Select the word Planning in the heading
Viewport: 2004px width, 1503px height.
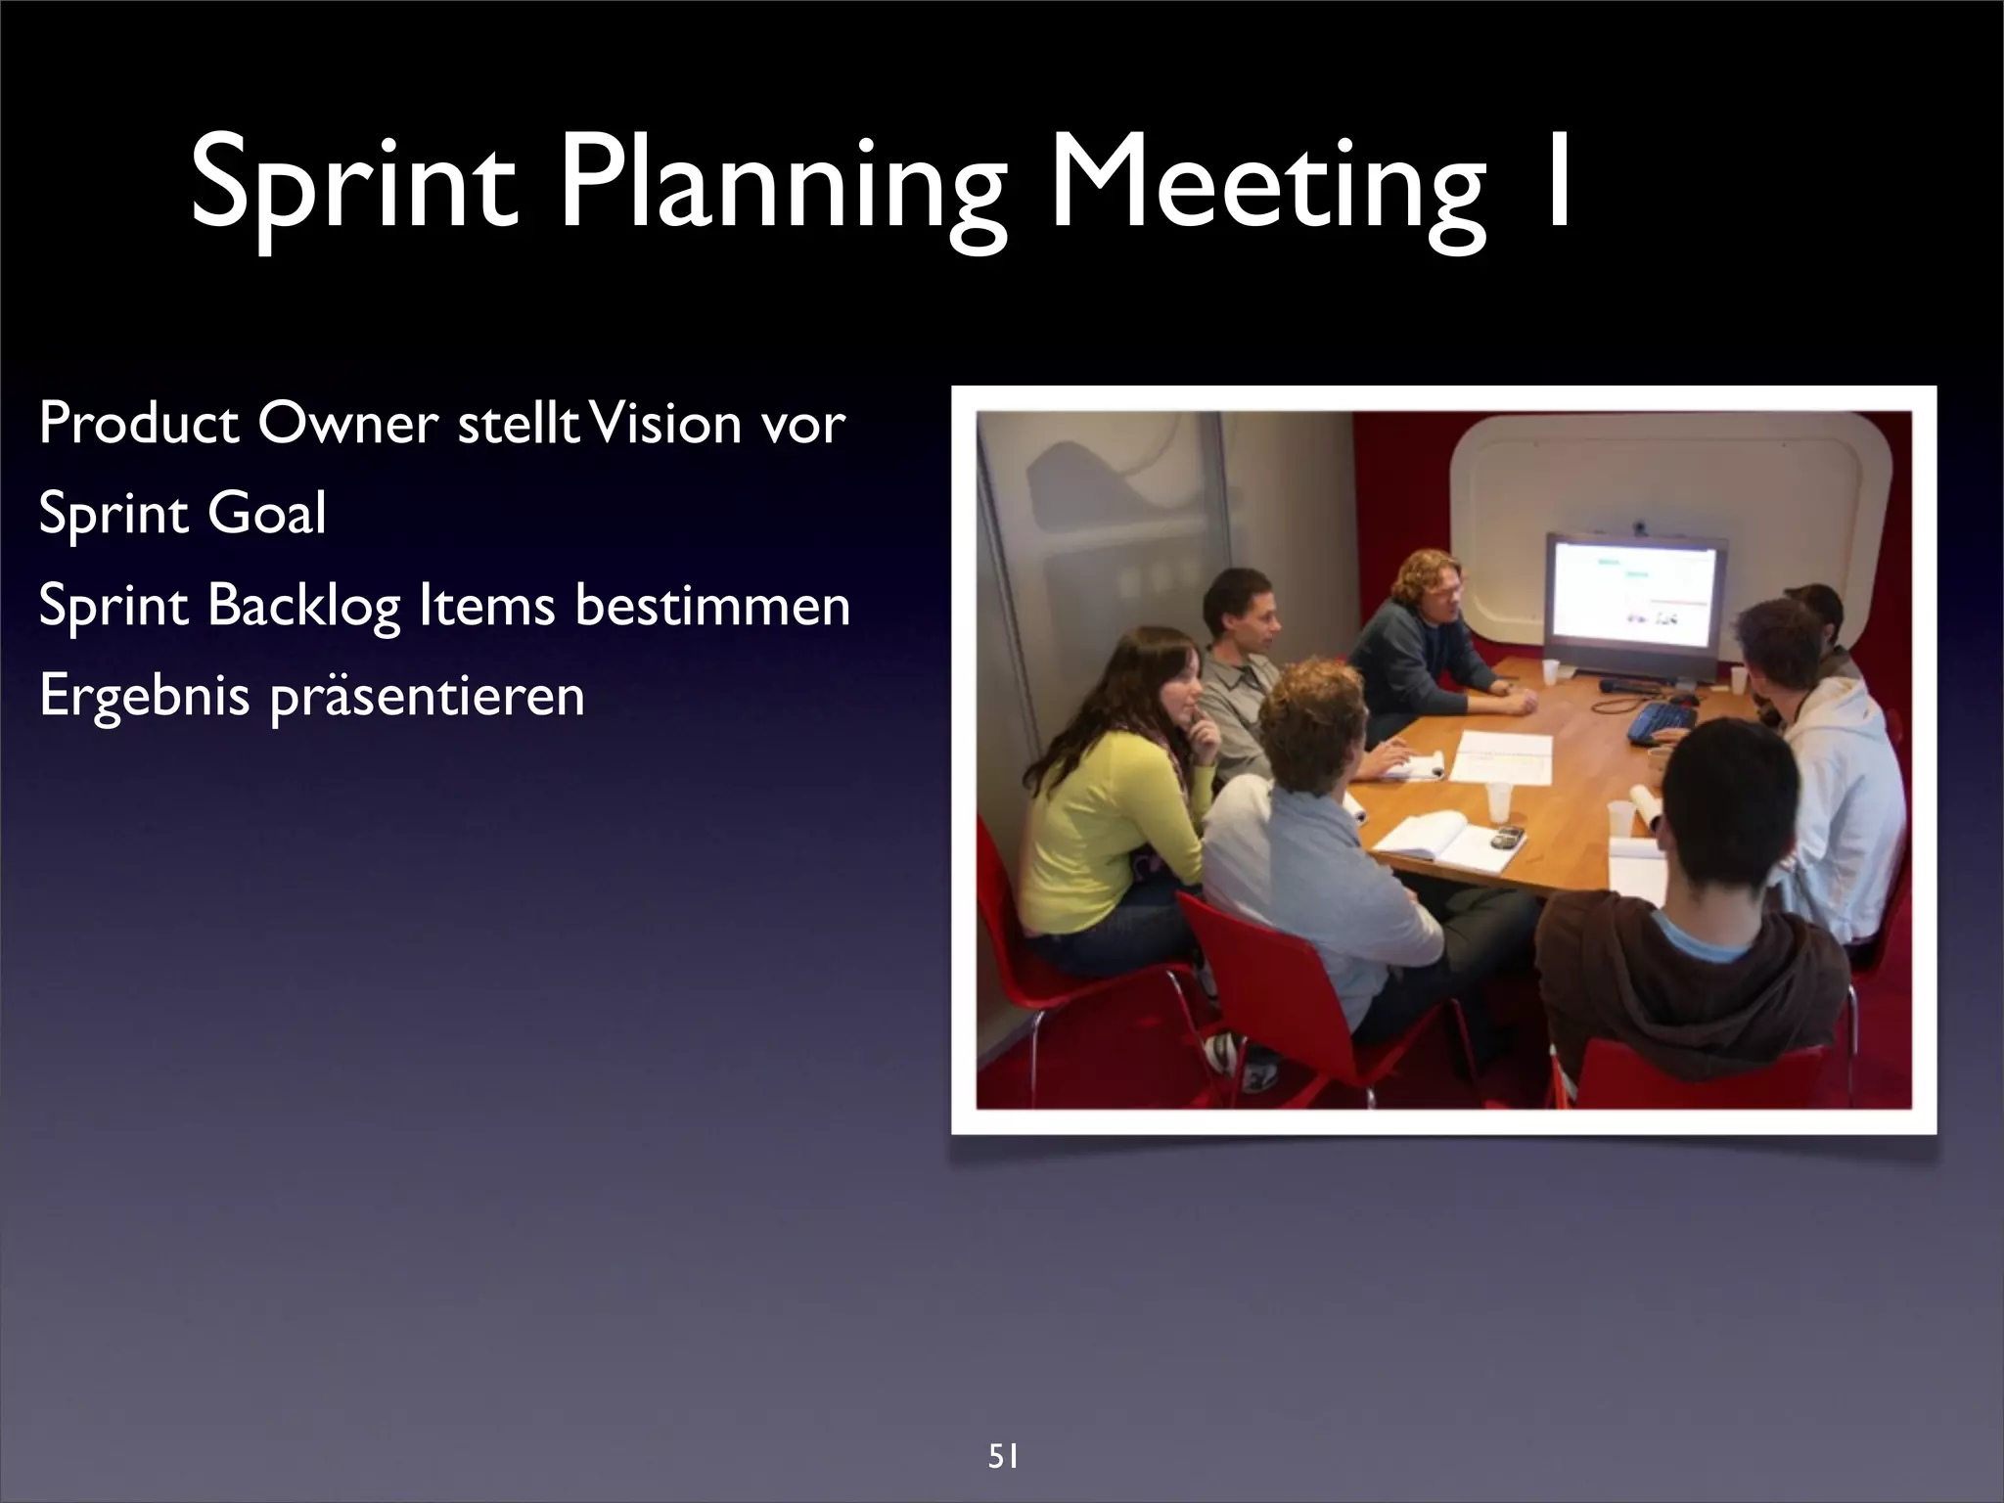tap(783, 186)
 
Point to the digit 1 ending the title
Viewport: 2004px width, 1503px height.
tap(1551, 181)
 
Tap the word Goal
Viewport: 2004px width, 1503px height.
tap(266, 514)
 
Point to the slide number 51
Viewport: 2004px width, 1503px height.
tap(1003, 1431)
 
